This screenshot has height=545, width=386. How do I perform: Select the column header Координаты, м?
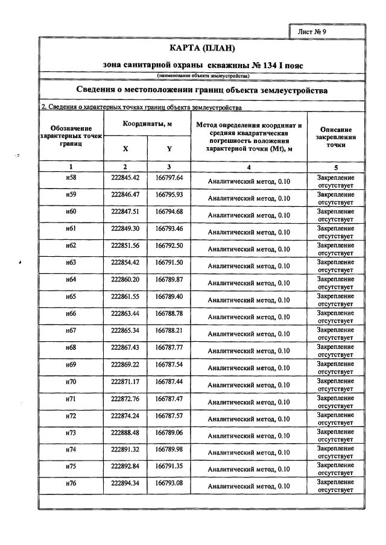tap(148, 124)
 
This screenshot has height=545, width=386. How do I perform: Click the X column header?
tap(125, 148)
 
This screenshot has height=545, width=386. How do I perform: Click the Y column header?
tap(169, 148)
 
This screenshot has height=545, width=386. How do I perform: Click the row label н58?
tap(71, 178)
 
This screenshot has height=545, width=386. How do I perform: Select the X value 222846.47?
tap(125, 195)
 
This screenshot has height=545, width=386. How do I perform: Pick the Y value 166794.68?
tap(169, 212)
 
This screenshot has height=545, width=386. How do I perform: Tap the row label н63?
tap(71, 262)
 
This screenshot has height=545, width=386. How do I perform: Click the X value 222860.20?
tap(125, 279)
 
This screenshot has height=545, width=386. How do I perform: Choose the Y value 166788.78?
tap(169, 313)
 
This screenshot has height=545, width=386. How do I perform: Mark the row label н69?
tap(71, 364)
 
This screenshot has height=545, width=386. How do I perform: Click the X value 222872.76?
tap(125, 399)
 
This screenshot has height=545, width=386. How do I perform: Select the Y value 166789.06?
tap(169, 432)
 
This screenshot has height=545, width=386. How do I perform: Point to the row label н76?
tap(71, 483)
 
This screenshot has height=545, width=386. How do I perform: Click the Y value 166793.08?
tap(169, 483)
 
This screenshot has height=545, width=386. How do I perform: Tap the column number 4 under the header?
tap(249, 166)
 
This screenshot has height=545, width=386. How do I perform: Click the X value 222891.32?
tap(125, 449)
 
